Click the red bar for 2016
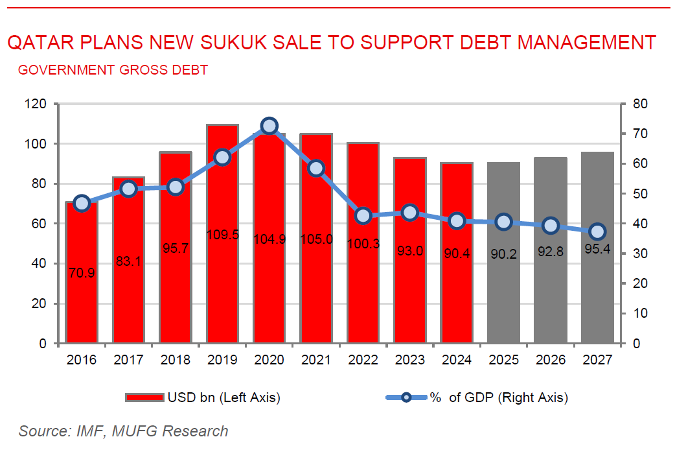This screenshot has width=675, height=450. [x=82, y=292]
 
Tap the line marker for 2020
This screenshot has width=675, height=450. [x=269, y=126]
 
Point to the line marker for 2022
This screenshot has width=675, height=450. [x=363, y=216]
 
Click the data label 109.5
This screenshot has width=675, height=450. [x=223, y=235]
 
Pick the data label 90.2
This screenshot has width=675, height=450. [x=504, y=254]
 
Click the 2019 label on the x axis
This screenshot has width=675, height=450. [x=222, y=360]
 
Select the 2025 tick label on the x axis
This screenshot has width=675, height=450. [x=504, y=360]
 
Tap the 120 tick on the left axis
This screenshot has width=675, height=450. [x=37, y=104]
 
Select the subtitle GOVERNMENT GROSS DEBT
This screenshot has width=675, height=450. [x=113, y=70]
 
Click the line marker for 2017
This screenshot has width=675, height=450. [x=128, y=189]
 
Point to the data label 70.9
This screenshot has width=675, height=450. [x=82, y=273]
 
